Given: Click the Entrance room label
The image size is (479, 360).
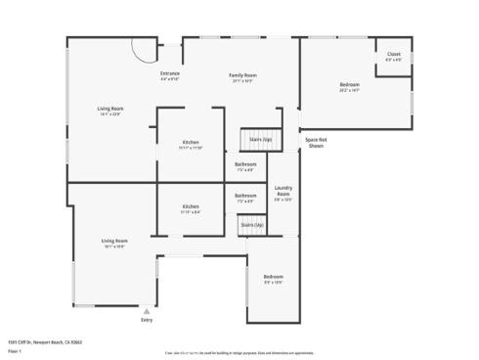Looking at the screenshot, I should [170, 73].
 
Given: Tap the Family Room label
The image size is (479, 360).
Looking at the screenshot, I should [242, 75].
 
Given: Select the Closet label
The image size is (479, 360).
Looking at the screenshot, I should [393, 54].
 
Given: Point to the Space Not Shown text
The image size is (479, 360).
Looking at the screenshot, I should [315, 142].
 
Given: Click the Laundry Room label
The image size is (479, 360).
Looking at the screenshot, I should [283, 191].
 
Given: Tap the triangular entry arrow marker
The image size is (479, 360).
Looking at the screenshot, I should [147, 310].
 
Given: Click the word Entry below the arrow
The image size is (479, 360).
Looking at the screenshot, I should [147, 320].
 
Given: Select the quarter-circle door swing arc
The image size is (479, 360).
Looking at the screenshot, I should [142, 47].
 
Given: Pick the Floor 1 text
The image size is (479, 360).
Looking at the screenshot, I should [15, 350].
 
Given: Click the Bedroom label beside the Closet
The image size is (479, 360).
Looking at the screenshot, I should [349, 85].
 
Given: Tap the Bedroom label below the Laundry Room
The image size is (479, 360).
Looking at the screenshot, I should [273, 277].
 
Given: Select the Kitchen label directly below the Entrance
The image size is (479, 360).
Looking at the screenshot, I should [191, 143].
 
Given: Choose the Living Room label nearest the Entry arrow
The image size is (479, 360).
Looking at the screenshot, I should [114, 241].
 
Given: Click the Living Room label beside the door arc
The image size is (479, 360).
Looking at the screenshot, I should [109, 109].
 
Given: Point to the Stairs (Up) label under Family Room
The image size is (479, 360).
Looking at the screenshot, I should [260, 139].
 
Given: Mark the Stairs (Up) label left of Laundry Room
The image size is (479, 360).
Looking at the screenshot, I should [252, 225].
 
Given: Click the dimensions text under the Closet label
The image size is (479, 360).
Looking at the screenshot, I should [393, 60].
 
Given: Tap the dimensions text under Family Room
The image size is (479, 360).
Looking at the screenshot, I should [242, 81].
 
